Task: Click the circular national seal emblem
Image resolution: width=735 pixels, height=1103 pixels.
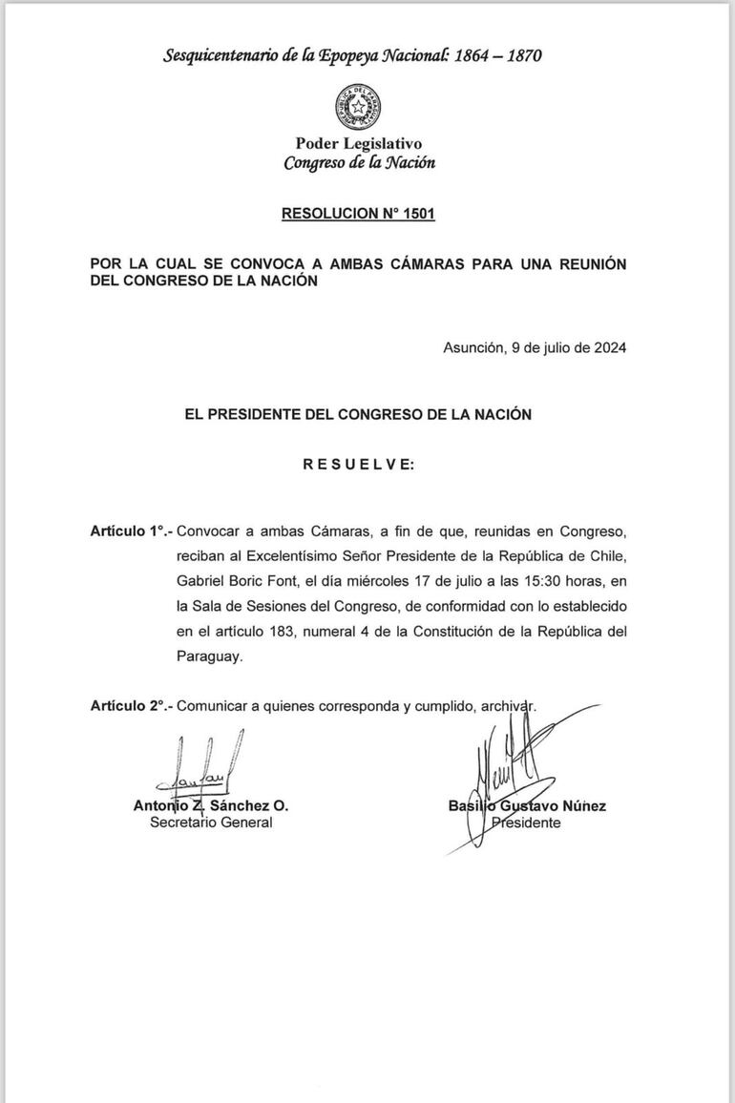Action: pos(359,107)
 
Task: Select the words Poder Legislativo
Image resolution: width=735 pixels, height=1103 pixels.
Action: pos(359,143)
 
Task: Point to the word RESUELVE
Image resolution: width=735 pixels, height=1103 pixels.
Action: pos(359,465)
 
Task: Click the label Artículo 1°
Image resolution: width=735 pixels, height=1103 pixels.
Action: pos(132,531)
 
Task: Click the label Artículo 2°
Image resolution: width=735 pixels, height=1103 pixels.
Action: pos(132,706)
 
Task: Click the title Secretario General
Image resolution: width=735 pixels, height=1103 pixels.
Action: pos(211,822)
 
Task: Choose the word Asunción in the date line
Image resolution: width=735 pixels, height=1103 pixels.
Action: pos(473,348)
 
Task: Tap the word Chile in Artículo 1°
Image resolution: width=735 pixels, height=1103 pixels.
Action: pos(606,555)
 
